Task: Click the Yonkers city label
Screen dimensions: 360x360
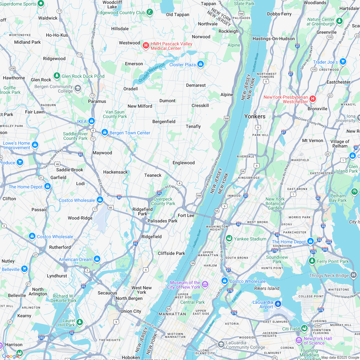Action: tap(255, 116)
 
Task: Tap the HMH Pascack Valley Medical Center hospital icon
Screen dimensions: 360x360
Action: tap(146, 46)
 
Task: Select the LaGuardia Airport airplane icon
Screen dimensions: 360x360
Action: tap(278, 304)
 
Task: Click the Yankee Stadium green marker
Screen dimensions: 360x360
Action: tap(229, 239)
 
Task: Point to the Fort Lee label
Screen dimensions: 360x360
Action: tap(186, 215)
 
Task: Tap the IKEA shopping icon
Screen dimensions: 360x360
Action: tap(92, 121)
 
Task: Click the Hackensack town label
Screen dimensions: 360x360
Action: tap(115, 172)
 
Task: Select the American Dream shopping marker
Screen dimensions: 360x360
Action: tap(97, 259)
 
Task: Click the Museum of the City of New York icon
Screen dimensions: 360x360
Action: tap(205, 284)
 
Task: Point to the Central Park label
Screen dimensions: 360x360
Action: tap(192, 302)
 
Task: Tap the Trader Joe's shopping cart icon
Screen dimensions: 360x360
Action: tap(343, 62)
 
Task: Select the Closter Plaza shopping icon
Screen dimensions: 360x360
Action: tap(201, 64)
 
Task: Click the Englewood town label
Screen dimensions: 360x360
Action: tap(184, 163)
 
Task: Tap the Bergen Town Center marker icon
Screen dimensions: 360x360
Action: tap(104, 132)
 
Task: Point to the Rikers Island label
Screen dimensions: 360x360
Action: tap(266, 288)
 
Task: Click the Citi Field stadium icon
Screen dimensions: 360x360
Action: tap(304, 328)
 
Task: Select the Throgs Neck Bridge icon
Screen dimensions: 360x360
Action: tap(354, 275)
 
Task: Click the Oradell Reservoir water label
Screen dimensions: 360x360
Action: tap(151, 72)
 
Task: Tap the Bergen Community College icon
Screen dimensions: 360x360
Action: tap(77, 88)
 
